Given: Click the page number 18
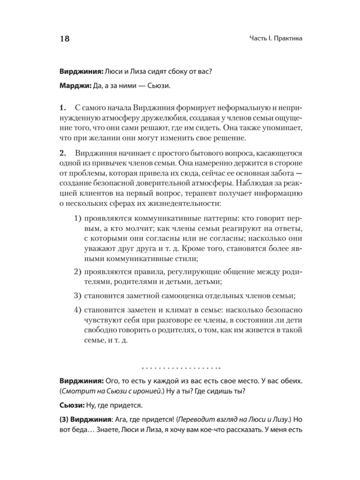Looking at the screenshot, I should [63, 39].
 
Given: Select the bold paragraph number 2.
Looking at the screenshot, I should [62, 153].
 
